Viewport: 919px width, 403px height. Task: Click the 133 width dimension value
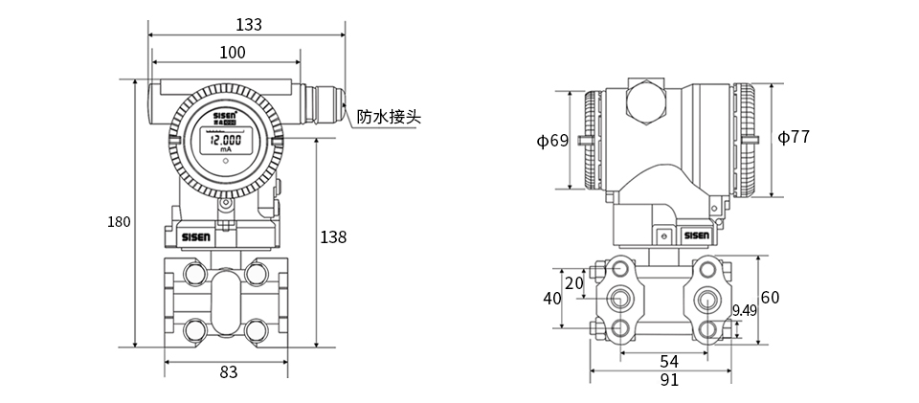click(x=248, y=24)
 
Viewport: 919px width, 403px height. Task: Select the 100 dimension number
click(x=232, y=52)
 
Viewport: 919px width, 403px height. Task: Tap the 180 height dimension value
click(x=119, y=222)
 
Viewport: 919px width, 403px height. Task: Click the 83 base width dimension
click(x=228, y=372)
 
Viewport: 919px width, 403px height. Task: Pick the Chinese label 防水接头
click(x=389, y=118)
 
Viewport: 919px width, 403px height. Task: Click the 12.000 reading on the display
click(x=225, y=140)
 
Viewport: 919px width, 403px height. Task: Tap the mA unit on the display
click(x=225, y=150)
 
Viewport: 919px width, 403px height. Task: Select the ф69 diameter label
click(x=552, y=141)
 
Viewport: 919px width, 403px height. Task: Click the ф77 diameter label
click(x=794, y=137)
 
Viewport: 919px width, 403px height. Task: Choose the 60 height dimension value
click(x=770, y=297)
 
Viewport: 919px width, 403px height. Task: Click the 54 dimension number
click(x=669, y=361)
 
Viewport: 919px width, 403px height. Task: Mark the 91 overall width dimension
click(x=669, y=380)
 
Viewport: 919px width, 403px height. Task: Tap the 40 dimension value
click(x=552, y=298)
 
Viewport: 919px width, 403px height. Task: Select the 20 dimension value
click(x=574, y=282)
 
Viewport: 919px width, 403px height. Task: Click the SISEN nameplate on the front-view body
click(x=199, y=235)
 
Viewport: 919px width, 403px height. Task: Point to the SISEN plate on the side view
click(x=696, y=235)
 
